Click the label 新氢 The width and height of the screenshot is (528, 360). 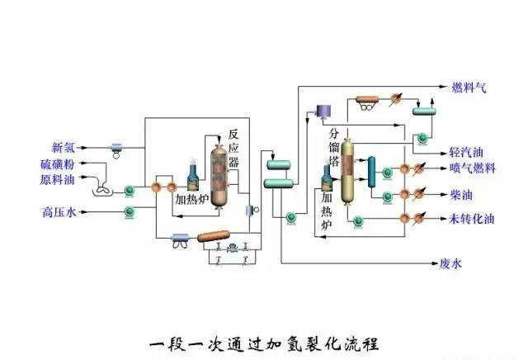pos(64,148)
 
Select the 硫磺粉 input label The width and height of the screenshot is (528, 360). pos(58,164)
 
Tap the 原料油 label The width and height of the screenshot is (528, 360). pos(58,179)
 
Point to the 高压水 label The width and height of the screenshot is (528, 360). pos(59,213)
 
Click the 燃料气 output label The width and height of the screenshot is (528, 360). pos(468,87)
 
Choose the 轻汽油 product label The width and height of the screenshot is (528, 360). pos(466,154)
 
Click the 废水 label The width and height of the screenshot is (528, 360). pos(450,264)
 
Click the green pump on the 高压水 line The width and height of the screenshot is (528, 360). pos(130,213)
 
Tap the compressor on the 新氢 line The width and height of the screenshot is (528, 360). pos(116,148)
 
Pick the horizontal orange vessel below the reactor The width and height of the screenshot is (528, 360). pos(214,237)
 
